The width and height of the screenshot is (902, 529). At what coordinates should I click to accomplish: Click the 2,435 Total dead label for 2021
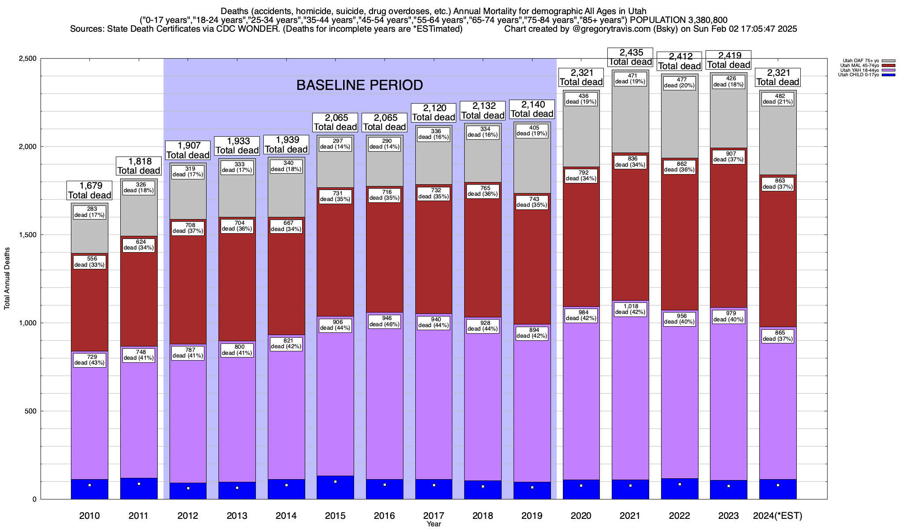630,57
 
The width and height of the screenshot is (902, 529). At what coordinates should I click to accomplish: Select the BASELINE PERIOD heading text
359,85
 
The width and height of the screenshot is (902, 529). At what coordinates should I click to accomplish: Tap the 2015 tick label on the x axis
335,515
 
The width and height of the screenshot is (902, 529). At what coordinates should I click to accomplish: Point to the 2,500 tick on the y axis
27,59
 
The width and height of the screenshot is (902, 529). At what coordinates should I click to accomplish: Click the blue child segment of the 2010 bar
89,489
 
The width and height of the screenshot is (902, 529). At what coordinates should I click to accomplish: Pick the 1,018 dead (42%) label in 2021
630,309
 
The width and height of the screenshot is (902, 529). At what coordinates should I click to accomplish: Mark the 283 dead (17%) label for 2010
89,212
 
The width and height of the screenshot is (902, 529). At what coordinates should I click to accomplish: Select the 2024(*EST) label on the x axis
778,515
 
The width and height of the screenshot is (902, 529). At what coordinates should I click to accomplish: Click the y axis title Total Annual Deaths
7,278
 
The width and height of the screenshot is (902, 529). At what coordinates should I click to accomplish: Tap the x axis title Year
433,524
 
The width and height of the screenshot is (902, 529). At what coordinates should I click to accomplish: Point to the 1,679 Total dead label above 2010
89,190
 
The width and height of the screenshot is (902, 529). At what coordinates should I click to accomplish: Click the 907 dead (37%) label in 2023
728,157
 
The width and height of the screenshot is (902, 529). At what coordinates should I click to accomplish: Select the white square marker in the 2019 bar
532,488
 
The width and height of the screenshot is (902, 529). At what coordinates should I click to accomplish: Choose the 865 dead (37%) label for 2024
778,336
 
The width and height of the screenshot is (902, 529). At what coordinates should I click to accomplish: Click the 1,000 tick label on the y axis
27,323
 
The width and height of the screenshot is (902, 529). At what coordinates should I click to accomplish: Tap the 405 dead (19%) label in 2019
532,130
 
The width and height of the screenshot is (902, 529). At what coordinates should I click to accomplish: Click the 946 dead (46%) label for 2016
384,321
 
